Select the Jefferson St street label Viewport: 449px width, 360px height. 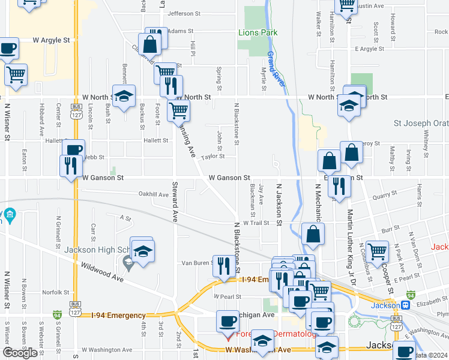[x=184, y=13]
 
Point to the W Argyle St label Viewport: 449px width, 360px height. [x=52, y=40]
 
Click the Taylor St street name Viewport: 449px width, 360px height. [x=212, y=157]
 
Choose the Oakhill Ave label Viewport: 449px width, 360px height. [x=154, y=194]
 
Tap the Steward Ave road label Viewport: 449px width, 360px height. [x=175, y=202]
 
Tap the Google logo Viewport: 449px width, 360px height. [x=20, y=353]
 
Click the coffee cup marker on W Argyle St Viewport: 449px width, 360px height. [x=8, y=49]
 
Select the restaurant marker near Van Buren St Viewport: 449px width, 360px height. [x=224, y=265]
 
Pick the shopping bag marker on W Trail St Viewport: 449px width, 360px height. [x=313, y=233]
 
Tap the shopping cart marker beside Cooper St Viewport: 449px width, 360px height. [x=377, y=251]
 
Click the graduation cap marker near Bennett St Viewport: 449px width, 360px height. [x=124, y=96]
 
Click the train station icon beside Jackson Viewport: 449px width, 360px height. [x=406, y=305]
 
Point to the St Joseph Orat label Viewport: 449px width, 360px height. [x=421, y=124]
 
